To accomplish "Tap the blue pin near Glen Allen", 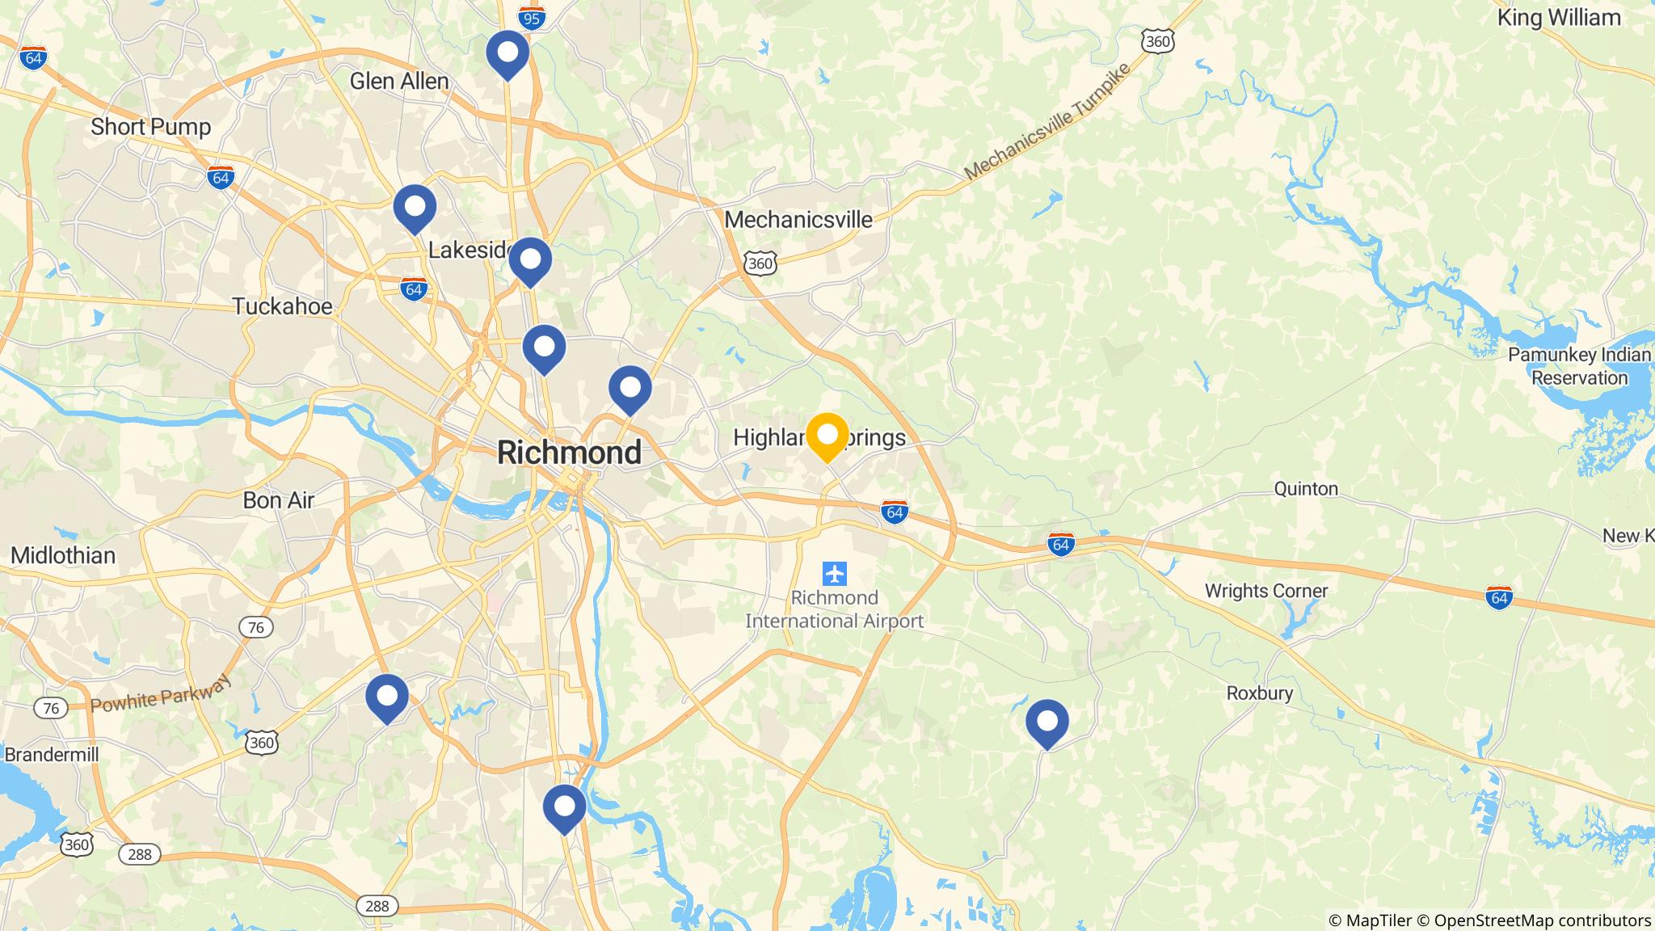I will tap(507, 53).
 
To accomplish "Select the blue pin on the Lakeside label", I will tap(530, 260).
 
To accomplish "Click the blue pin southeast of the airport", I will tap(1046, 722).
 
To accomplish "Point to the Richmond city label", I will tap(569, 453).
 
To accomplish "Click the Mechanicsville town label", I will tap(798, 220).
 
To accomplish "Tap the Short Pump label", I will tap(150, 127).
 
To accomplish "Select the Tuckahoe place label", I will tap(282, 306).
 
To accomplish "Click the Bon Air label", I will tap(278, 500).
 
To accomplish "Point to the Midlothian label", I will tap(63, 555).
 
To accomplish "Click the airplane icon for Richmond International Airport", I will tap(834, 574).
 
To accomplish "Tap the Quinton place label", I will tap(1306, 489).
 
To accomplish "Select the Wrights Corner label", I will tap(1265, 591).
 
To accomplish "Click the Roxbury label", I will tap(1259, 693).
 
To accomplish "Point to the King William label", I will tap(1558, 18).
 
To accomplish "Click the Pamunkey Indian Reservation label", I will tap(1579, 366).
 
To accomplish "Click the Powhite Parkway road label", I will tap(161, 695).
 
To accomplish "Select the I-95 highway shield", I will tap(531, 17).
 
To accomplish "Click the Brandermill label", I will tap(51, 755).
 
